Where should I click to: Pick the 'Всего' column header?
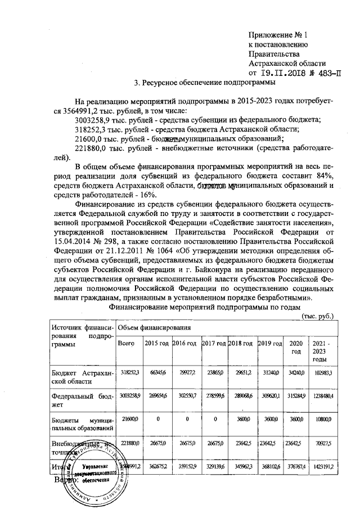tap(125, 343)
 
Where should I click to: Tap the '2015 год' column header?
tap(156, 343)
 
